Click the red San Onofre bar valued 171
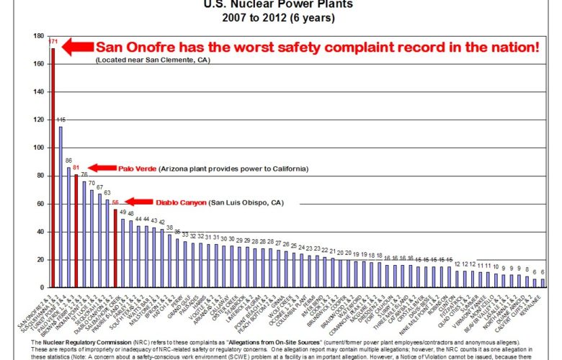point(53,166)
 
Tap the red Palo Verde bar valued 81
point(76,230)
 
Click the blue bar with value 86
point(68,228)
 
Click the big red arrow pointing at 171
point(76,48)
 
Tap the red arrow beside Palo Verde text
point(101,168)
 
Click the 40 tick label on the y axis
point(40,232)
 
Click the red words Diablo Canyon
point(177,202)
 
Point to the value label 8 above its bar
point(527,269)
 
